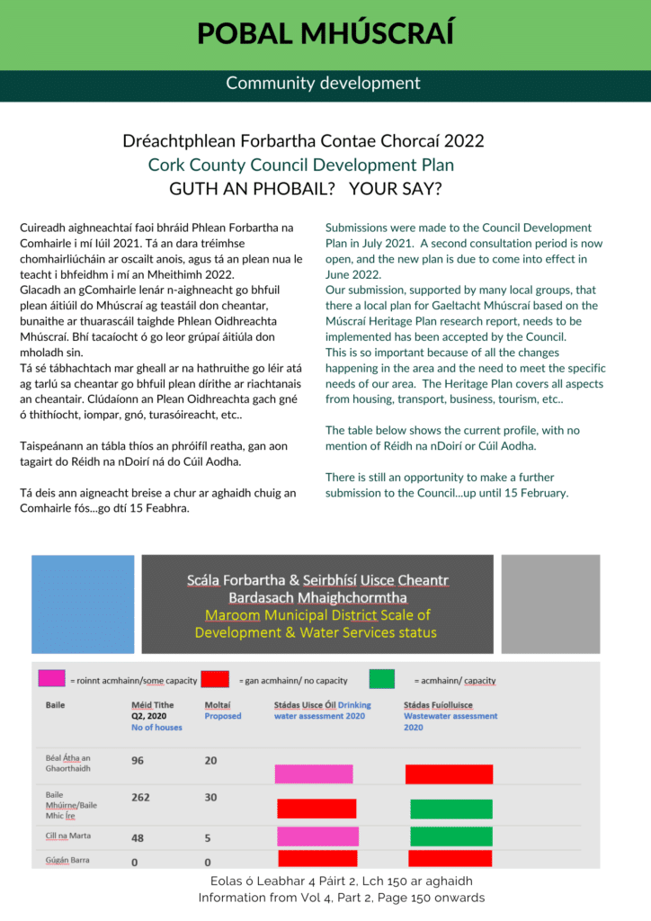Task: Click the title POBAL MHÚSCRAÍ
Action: [x=325, y=33]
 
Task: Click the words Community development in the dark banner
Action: [x=323, y=84]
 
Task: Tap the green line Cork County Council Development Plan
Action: [x=301, y=165]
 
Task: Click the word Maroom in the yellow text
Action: [x=234, y=615]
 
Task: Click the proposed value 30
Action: [x=211, y=797]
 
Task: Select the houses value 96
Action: [x=138, y=760]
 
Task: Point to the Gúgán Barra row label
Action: [x=68, y=861]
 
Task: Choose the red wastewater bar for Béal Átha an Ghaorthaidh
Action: [x=449, y=773]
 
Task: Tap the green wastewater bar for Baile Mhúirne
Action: [x=451, y=809]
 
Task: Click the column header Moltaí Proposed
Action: [x=222, y=711]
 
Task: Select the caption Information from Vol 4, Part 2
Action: [x=341, y=897]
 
